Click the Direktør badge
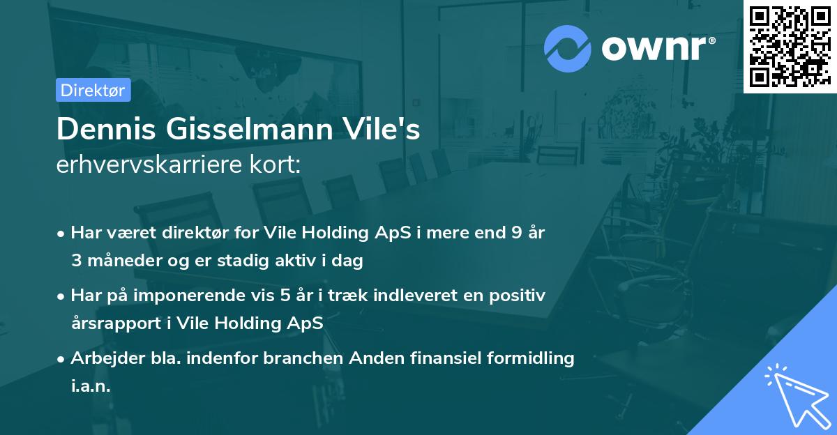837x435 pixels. click(93, 90)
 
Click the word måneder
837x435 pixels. click(118, 261)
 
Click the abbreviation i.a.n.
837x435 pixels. click(91, 386)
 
